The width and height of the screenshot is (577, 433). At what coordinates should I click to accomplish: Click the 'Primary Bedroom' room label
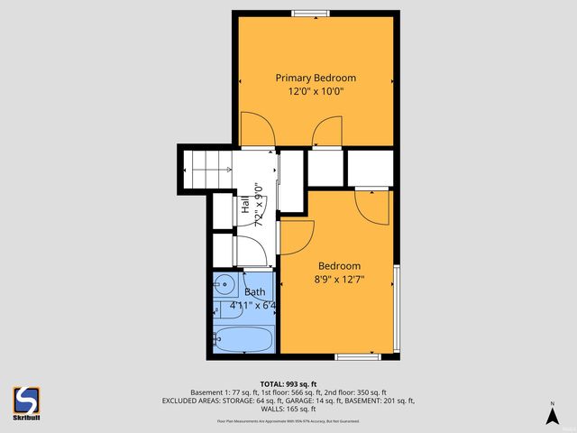pyautogui.click(x=316, y=78)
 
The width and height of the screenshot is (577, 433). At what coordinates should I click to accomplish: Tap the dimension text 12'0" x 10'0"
pyautogui.click(x=316, y=91)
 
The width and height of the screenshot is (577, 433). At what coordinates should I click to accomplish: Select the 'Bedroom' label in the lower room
pyautogui.click(x=339, y=266)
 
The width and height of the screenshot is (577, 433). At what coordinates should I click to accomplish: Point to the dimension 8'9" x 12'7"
pyautogui.click(x=339, y=280)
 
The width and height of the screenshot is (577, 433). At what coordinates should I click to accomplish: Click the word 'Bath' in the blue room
pyautogui.click(x=254, y=291)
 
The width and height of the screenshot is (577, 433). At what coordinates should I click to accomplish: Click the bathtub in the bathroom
pyautogui.click(x=243, y=342)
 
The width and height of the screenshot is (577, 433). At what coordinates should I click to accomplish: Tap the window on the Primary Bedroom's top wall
pyautogui.click(x=309, y=13)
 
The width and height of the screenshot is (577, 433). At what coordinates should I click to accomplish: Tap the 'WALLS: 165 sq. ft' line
pyautogui.click(x=288, y=409)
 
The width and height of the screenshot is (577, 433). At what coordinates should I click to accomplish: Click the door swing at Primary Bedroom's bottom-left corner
pyautogui.click(x=254, y=133)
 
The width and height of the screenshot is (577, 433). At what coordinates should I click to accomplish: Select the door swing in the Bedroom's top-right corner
pyautogui.click(x=371, y=207)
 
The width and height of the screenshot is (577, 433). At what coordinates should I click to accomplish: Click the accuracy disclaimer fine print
pyautogui.click(x=288, y=420)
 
